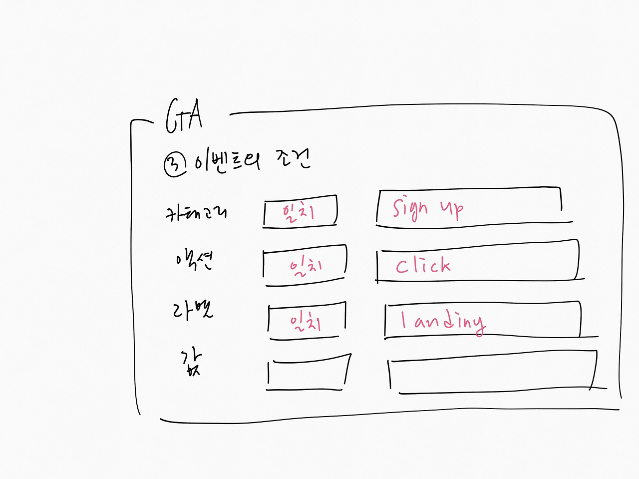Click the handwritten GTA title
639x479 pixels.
(x=184, y=116)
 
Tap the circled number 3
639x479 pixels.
(x=175, y=164)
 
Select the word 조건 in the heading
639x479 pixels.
(x=293, y=159)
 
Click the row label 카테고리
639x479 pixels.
(x=196, y=213)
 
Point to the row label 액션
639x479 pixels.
(x=194, y=260)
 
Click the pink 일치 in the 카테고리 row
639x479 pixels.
(x=298, y=212)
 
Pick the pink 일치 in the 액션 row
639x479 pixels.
(x=306, y=266)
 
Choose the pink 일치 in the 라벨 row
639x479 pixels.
(x=306, y=320)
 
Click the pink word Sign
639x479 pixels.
(x=410, y=209)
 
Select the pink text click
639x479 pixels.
(x=423, y=265)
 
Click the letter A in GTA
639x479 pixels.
(x=196, y=115)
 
